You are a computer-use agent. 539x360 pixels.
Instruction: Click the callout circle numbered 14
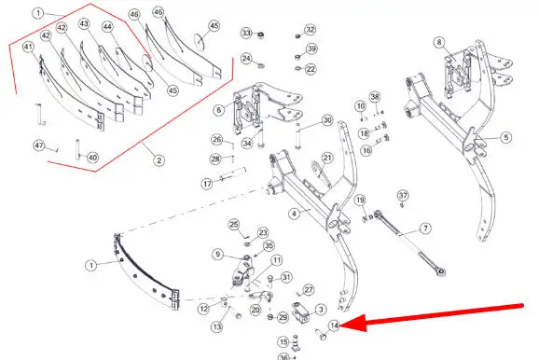(334, 325)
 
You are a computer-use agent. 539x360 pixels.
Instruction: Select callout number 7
(425, 228)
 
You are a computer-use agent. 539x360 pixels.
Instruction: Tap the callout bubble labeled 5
(506, 137)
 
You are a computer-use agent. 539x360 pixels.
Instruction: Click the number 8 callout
(439, 43)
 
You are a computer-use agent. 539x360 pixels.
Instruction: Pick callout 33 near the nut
(246, 33)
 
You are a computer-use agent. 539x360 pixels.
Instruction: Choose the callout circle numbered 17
(207, 184)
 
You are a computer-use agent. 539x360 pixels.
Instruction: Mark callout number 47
(39, 145)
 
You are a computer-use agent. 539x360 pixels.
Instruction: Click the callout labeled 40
(92, 158)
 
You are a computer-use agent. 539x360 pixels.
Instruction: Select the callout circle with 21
(327, 158)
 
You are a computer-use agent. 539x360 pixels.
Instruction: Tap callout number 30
(327, 120)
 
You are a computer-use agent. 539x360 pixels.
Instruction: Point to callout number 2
(159, 160)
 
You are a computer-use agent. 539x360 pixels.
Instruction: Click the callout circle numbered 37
(403, 196)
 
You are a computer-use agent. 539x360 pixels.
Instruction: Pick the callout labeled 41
(29, 48)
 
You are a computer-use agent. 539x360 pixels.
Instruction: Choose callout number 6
(219, 110)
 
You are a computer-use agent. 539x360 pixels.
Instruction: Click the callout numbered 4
(295, 214)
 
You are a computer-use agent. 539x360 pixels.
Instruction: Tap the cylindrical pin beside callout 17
(233, 174)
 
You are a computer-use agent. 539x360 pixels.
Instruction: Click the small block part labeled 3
(300, 313)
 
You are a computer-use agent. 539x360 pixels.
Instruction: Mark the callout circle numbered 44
(108, 27)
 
